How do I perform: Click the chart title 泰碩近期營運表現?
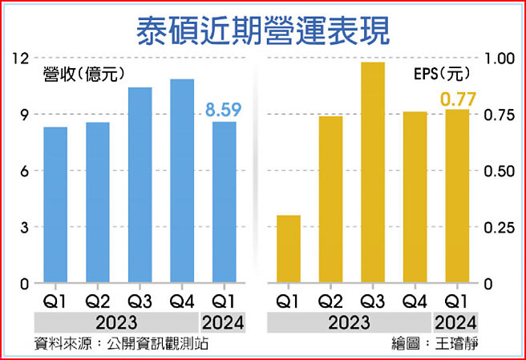[263, 30]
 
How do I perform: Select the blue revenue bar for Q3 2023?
[140, 185]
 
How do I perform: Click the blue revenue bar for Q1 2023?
[55, 205]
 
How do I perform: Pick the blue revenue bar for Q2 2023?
[98, 203]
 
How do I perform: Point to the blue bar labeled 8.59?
[224, 203]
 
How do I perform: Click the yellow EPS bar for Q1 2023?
[288, 249]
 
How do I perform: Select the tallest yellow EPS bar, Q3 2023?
[373, 172]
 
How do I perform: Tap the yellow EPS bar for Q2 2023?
[330, 200]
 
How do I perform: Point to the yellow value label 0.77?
[457, 100]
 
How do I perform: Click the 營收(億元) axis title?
[84, 75]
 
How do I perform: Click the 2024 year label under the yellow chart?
[457, 323]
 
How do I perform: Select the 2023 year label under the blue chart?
[118, 323]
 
